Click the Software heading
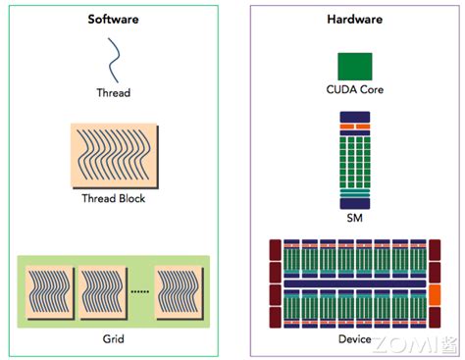click(114, 20)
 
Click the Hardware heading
click(353, 20)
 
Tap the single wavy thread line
click(114, 60)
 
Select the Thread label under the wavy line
click(114, 93)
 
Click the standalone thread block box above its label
click(114, 155)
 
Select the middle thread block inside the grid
click(104, 293)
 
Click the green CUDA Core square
click(353, 66)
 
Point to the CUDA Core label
click(353, 90)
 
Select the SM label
click(354, 218)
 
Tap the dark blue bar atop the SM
click(354, 117)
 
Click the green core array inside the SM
click(354, 157)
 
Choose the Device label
click(354, 339)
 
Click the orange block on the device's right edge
click(436, 293)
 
